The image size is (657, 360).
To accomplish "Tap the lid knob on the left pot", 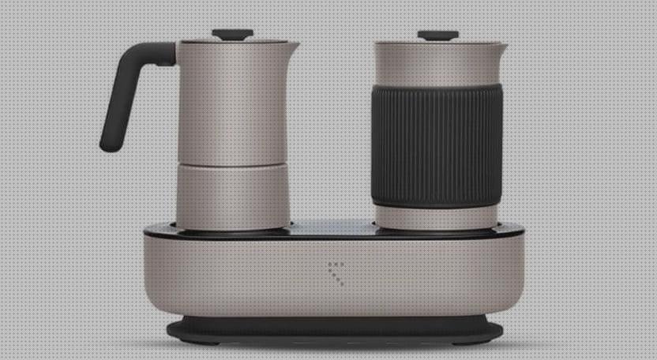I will point(232,34).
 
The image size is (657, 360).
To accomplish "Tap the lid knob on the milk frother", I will point(438,35).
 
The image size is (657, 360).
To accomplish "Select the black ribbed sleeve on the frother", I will point(437,145).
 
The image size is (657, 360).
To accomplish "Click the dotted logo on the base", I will point(336,272).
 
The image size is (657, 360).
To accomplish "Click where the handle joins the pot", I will point(169,53).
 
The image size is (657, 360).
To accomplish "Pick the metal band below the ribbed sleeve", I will point(437,217).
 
